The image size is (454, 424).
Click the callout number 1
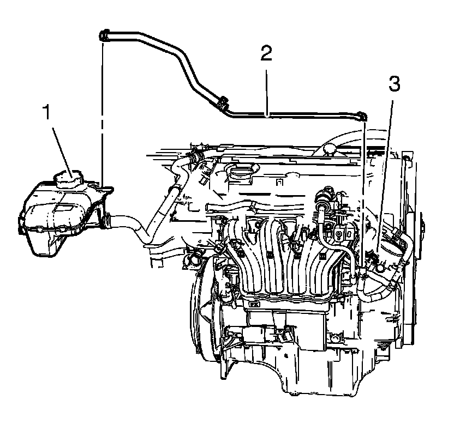[47, 113]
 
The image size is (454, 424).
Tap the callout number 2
[266, 54]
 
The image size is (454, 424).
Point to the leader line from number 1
[60, 144]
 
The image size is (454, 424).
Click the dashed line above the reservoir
[102, 109]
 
